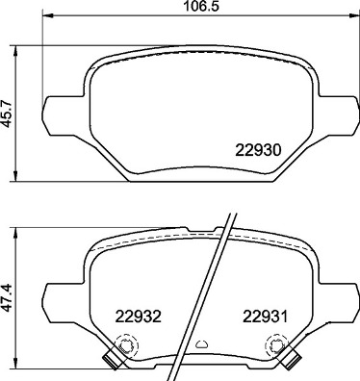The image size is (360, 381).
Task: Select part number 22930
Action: point(258,150)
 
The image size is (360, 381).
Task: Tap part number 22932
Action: point(138,316)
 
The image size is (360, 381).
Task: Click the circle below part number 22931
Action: point(277,345)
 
